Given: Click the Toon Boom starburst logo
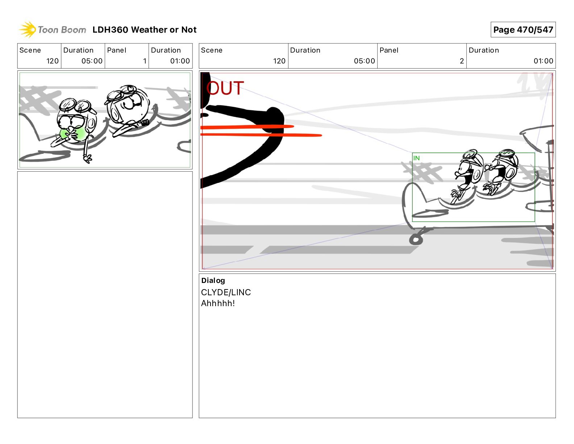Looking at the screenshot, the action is click(28, 29).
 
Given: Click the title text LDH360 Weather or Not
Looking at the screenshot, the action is click(144, 30).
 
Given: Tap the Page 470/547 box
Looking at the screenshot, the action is click(523, 30).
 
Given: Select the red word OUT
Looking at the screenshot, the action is click(225, 88).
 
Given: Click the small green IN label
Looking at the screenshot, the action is click(416, 158).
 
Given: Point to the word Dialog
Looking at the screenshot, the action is click(213, 280).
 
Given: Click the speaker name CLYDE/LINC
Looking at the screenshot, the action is click(226, 292).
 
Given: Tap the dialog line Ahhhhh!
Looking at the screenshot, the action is click(218, 303).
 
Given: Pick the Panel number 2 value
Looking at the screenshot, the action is click(462, 61).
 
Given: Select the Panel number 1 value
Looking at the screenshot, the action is click(145, 61).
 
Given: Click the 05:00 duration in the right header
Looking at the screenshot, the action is click(364, 61).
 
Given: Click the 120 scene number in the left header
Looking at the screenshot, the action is click(52, 61).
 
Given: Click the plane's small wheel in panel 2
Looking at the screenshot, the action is click(416, 240).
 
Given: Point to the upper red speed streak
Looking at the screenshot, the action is click(247, 127).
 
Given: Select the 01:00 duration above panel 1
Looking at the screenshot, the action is click(180, 61).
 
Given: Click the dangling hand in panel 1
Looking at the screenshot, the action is click(87, 159).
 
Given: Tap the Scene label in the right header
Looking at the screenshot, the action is click(212, 50).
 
